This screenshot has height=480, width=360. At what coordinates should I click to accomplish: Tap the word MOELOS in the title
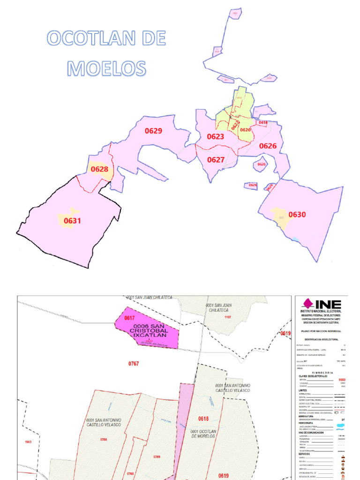[106, 68]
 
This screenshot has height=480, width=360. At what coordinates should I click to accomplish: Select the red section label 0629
[153, 131]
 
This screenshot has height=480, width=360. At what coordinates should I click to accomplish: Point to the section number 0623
[215, 137]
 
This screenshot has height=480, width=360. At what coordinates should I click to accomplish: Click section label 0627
[216, 160]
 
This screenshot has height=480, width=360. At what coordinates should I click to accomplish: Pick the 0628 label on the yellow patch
[99, 169]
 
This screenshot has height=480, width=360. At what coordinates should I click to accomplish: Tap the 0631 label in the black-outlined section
[72, 220]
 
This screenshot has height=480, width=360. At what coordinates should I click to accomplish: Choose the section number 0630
[297, 215]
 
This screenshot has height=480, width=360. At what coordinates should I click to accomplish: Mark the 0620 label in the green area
[245, 130]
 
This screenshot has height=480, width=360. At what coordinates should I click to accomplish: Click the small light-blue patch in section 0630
[295, 240]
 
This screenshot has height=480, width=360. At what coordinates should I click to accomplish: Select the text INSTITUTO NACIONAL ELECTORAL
[321, 311]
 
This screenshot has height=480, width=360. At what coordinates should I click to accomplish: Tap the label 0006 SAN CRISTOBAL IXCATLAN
[148, 330]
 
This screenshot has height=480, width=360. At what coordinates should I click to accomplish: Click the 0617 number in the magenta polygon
[129, 318]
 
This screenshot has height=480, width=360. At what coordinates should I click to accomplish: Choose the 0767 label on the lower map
[134, 363]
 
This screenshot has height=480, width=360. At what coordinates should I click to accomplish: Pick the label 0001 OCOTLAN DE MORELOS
[203, 433]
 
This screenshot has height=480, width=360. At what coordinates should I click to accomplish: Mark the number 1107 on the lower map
[228, 317]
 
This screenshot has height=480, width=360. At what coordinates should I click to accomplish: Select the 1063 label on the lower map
[28, 442]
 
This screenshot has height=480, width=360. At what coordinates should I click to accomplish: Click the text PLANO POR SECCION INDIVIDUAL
[321, 331]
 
